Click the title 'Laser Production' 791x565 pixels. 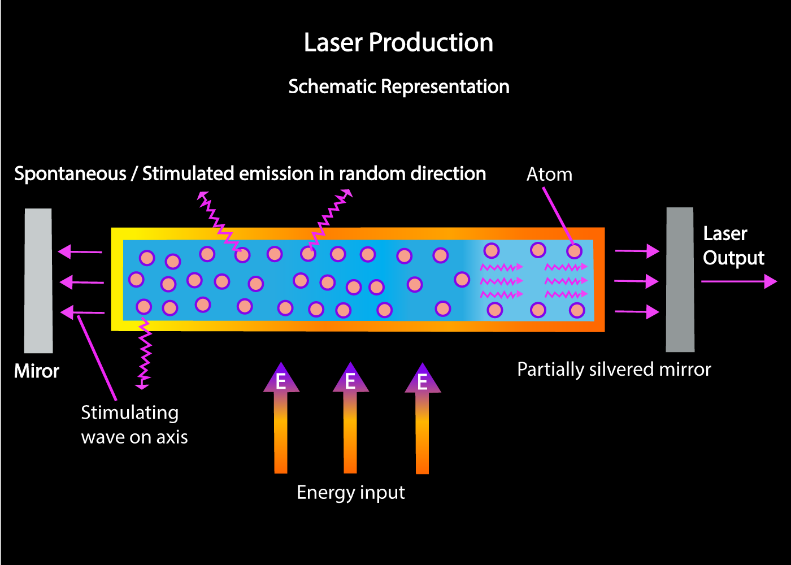click(x=398, y=43)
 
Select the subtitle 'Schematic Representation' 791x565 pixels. click(x=398, y=87)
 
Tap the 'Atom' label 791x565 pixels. click(x=549, y=175)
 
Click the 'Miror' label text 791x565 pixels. click(x=37, y=371)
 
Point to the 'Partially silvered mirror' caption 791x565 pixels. click(x=614, y=370)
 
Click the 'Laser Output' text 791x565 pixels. click(x=733, y=246)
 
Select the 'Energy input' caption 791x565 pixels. click(x=350, y=493)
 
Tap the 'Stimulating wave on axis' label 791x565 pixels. click(x=134, y=425)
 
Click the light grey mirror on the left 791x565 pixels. click(x=38, y=281)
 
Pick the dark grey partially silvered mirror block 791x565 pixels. click(x=680, y=280)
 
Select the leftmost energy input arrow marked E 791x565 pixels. click(x=281, y=418)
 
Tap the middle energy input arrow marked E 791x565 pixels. click(x=350, y=418)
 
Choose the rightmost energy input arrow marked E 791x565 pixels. click(x=422, y=418)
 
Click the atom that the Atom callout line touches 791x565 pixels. click(x=574, y=251)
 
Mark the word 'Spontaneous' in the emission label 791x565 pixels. click(x=70, y=174)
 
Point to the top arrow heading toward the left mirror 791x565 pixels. click(x=80, y=251)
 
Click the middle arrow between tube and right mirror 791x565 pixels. click(x=636, y=281)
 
